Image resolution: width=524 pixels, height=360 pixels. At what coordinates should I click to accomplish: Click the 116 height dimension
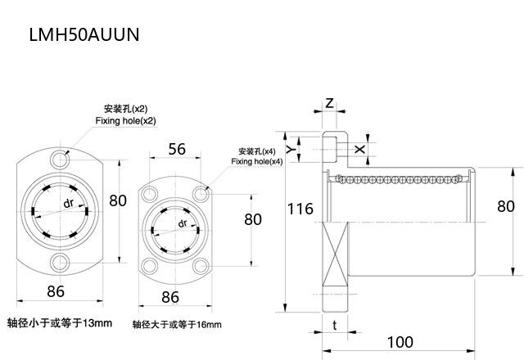tap(300, 209)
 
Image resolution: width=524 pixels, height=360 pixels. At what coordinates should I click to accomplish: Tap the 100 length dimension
tap(400, 341)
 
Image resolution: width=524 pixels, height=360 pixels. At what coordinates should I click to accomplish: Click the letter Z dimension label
tap(329, 103)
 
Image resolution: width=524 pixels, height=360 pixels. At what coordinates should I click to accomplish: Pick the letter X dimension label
tap(361, 149)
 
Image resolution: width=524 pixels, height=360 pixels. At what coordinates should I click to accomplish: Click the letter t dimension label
tap(335, 325)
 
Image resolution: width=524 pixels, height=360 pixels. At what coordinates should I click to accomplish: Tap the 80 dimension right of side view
tap(506, 207)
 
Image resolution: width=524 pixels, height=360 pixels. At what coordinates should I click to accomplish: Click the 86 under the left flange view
tap(56, 290)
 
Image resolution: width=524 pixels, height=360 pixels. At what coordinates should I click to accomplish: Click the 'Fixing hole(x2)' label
tap(125, 121)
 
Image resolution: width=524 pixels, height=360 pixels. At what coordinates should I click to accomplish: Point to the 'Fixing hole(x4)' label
tap(256, 162)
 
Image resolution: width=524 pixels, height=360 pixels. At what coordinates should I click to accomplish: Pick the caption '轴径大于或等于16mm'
tap(177, 325)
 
